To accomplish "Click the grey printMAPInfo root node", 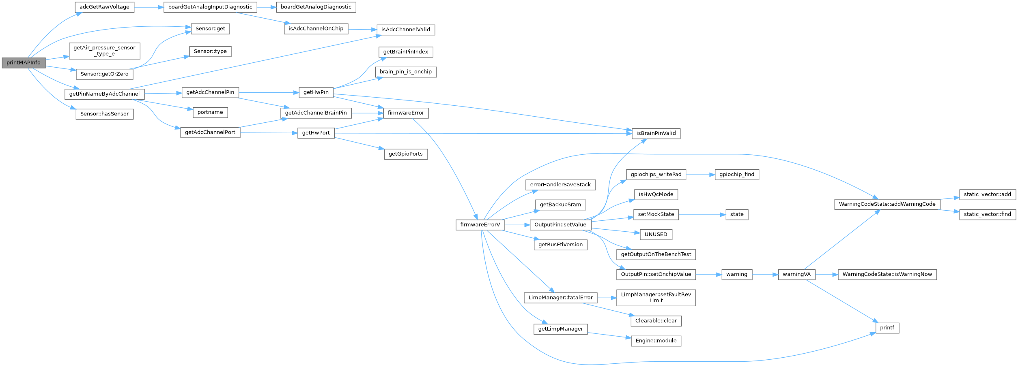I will (x=24, y=63).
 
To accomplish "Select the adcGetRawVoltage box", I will (x=104, y=7).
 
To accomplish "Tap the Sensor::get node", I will (x=210, y=29).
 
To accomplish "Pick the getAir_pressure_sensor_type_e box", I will (x=104, y=51).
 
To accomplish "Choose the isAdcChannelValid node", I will (x=405, y=30).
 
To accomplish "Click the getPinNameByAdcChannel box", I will (x=104, y=94).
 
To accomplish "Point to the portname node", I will (x=210, y=113).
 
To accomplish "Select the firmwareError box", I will (x=405, y=113).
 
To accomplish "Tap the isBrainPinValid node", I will (x=656, y=133).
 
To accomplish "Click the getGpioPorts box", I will (x=405, y=154).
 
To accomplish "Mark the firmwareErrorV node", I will (x=480, y=225).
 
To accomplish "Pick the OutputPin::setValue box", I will (x=560, y=225).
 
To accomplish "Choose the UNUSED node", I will (x=656, y=235).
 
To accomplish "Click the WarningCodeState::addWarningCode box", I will (x=887, y=204).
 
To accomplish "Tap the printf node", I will (x=887, y=328).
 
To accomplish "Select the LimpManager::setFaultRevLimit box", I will (x=656, y=297).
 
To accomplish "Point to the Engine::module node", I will (x=656, y=341).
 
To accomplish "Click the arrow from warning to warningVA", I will (x=765, y=275).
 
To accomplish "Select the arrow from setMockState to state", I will (x=702, y=215).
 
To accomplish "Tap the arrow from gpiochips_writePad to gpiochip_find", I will (x=700, y=175).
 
